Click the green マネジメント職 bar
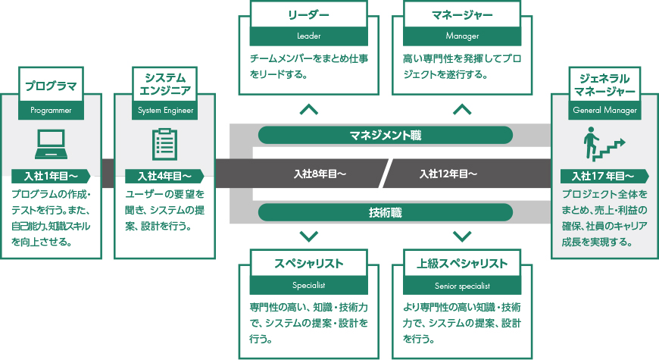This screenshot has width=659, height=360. pyautogui.click(x=385, y=136)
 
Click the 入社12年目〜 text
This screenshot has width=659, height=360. pyautogui.click(x=448, y=174)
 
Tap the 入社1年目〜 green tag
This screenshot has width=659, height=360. pyautogui.click(x=50, y=176)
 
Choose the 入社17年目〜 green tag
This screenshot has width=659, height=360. pyautogui.click(x=602, y=176)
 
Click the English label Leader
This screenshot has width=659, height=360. pyautogui.click(x=309, y=36)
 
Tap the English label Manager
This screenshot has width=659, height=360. pyautogui.click(x=461, y=36)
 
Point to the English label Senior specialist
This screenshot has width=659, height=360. pyautogui.click(x=461, y=286)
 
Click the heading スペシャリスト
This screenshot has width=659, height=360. pyautogui.click(x=309, y=264)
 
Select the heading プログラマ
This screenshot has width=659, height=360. pyautogui.click(x=51, y=86)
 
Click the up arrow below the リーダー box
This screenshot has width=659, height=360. pyautogui.click(x=309, y=110)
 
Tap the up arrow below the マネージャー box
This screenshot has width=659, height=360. pyautogui.click(x=461, y=110)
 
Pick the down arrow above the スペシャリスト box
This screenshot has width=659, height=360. pyautogui.click(x=309, y=235)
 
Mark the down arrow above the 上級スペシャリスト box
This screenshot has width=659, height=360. pyautogui.click(x=461, y=235)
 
